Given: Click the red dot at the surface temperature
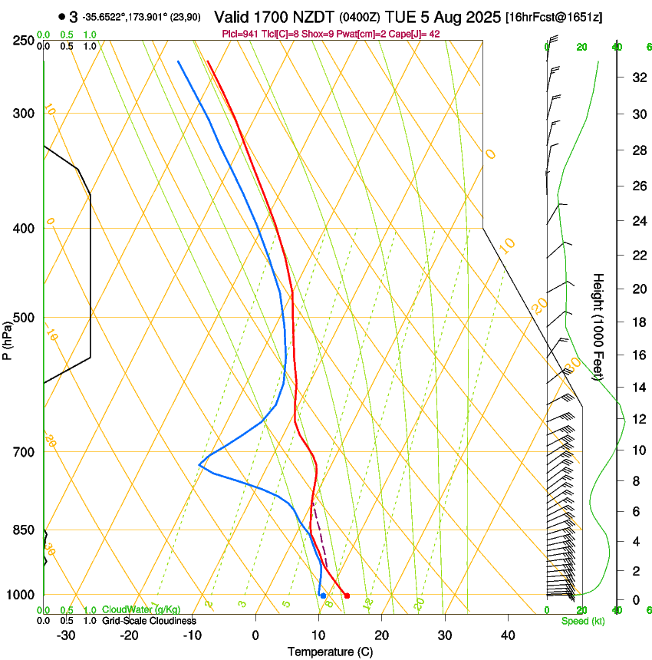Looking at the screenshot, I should point(347,596).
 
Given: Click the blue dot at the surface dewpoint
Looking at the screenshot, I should point(323,596).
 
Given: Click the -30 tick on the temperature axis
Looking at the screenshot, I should point(66,635).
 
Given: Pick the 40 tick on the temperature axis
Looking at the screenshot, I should point(507,635).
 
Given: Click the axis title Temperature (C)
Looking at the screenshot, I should point(330,652).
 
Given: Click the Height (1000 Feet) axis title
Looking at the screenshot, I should point(598,327).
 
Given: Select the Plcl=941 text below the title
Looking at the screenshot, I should point(239,34).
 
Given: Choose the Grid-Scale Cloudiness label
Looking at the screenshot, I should point(149,620).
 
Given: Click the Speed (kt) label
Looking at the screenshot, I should point(583,621).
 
